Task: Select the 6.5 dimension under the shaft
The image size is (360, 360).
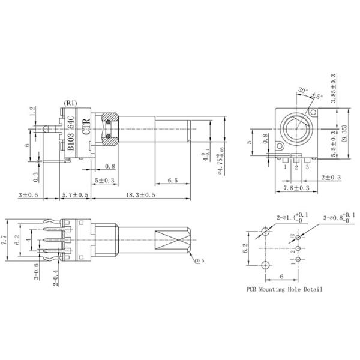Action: pyautogui.click(x=172, y=180)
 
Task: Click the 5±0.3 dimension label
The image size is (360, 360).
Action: pyautogui.click(x=106, y=180)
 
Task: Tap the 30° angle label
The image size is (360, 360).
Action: pyautogui.click(x=302, y=92)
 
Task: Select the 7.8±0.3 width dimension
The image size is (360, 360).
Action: pyautogui.click(x=292, y=188)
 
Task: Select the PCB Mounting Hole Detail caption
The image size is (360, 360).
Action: pyautogui.click(x=284, y=289)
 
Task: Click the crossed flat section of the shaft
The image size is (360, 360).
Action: pyautogui.click(x=174, y=242)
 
